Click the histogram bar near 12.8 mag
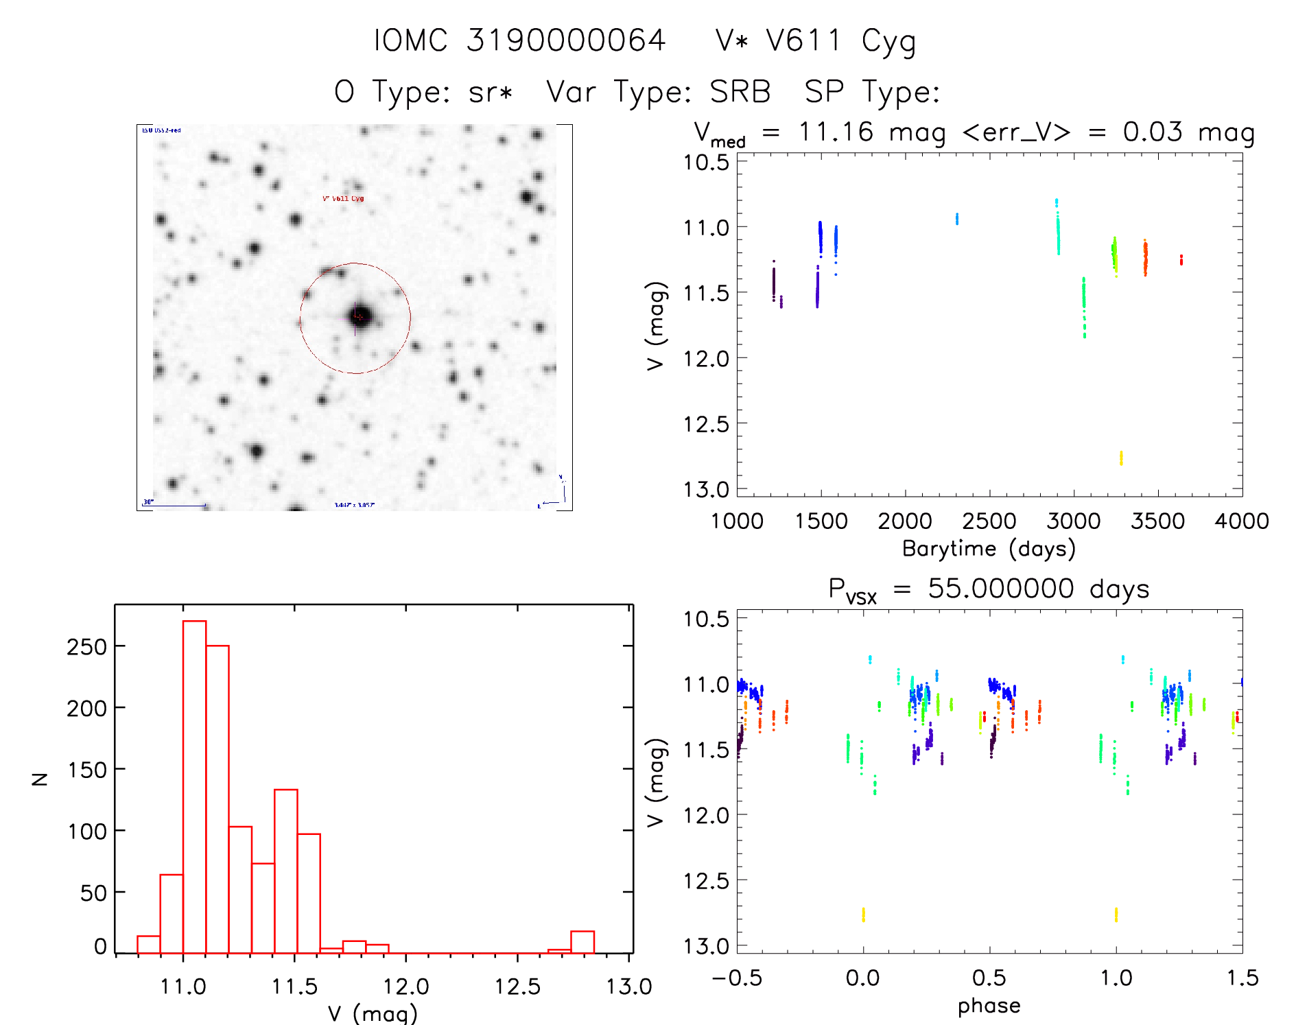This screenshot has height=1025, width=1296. coord(582,942)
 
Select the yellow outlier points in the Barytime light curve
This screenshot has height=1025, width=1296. coord(1121,458)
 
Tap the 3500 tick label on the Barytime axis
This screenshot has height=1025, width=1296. coord(1157,521)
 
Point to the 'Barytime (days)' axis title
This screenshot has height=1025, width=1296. coord(989,549)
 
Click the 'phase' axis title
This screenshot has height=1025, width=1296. coord(989,1006)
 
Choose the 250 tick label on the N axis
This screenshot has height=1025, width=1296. coord(86,646)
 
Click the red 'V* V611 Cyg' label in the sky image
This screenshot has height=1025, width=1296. coord(343,199)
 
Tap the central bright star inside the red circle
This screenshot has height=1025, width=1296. coord(360,316)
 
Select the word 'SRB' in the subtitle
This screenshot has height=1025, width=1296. coord(740,91)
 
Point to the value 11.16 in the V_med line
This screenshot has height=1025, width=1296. coord(836,132)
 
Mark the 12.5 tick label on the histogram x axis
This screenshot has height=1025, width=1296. coord(517,987)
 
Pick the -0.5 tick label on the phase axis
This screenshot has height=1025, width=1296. coord(736,978)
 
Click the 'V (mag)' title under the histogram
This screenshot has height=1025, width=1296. coord(373,1013)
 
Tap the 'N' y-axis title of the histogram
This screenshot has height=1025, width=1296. coord(40,779)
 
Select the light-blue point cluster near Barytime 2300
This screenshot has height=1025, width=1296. coord(957,219)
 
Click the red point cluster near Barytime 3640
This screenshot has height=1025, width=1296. coord(1181,260)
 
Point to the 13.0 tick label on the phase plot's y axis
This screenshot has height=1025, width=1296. coord(706,946)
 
